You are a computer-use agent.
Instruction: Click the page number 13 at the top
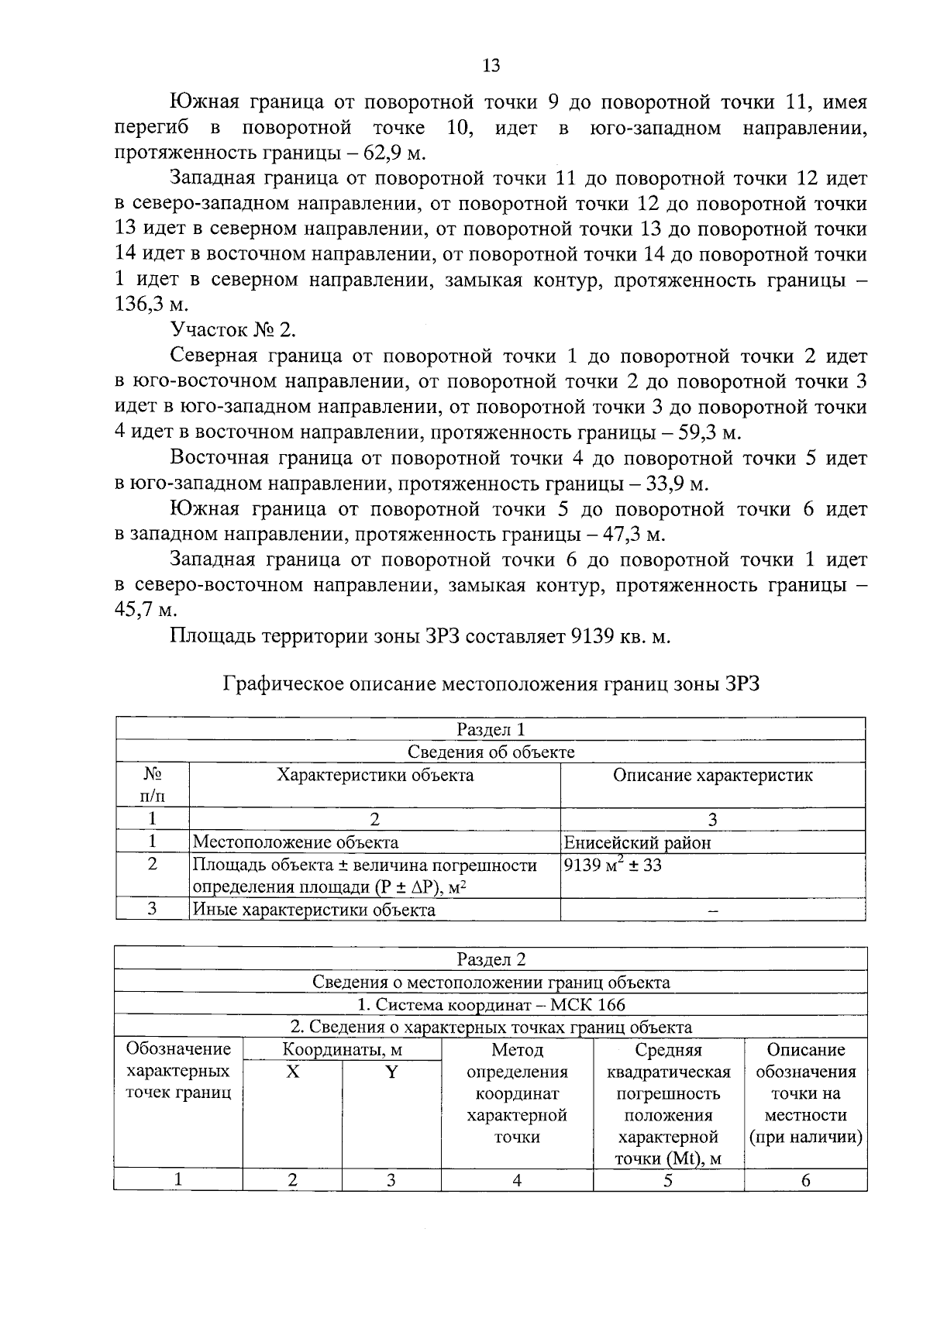491,66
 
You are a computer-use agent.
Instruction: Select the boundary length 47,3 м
633,535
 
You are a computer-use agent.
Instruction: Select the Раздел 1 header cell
491,729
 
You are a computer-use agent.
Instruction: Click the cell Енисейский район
638,842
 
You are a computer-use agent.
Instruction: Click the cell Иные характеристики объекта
314,910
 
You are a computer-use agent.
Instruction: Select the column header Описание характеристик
712,776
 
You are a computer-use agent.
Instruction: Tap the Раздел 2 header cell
491,960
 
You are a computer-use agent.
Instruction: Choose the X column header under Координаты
292,1072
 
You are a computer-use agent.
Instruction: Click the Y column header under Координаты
391,1072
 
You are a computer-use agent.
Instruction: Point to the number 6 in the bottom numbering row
805,1180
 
